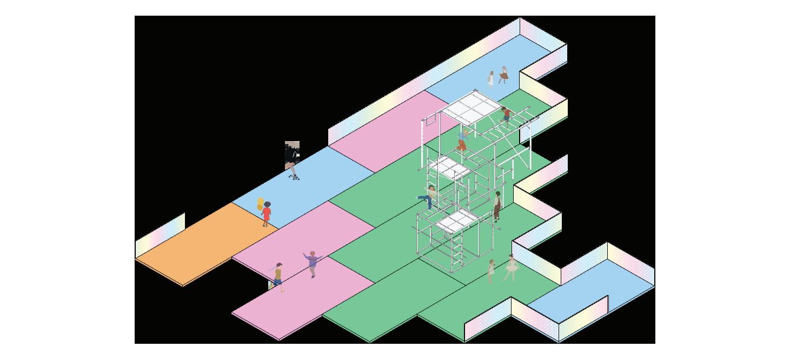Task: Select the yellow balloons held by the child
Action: tap(261, 204)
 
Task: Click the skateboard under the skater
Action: tap(294, 177)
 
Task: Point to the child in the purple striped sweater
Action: tap(313, 263)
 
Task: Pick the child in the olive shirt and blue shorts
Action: tap(278, 276)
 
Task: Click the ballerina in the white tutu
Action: tap(510, 268)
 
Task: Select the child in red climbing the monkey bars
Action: tap(506, 115)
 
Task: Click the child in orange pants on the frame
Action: tap(463, 140)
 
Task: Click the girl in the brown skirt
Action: tap(504, 75)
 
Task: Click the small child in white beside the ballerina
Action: tap(491, 270)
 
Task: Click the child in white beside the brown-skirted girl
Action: tap(491, 79)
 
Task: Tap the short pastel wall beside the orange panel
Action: tap(160, 236)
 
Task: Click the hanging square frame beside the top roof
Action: tap(430, 119)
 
